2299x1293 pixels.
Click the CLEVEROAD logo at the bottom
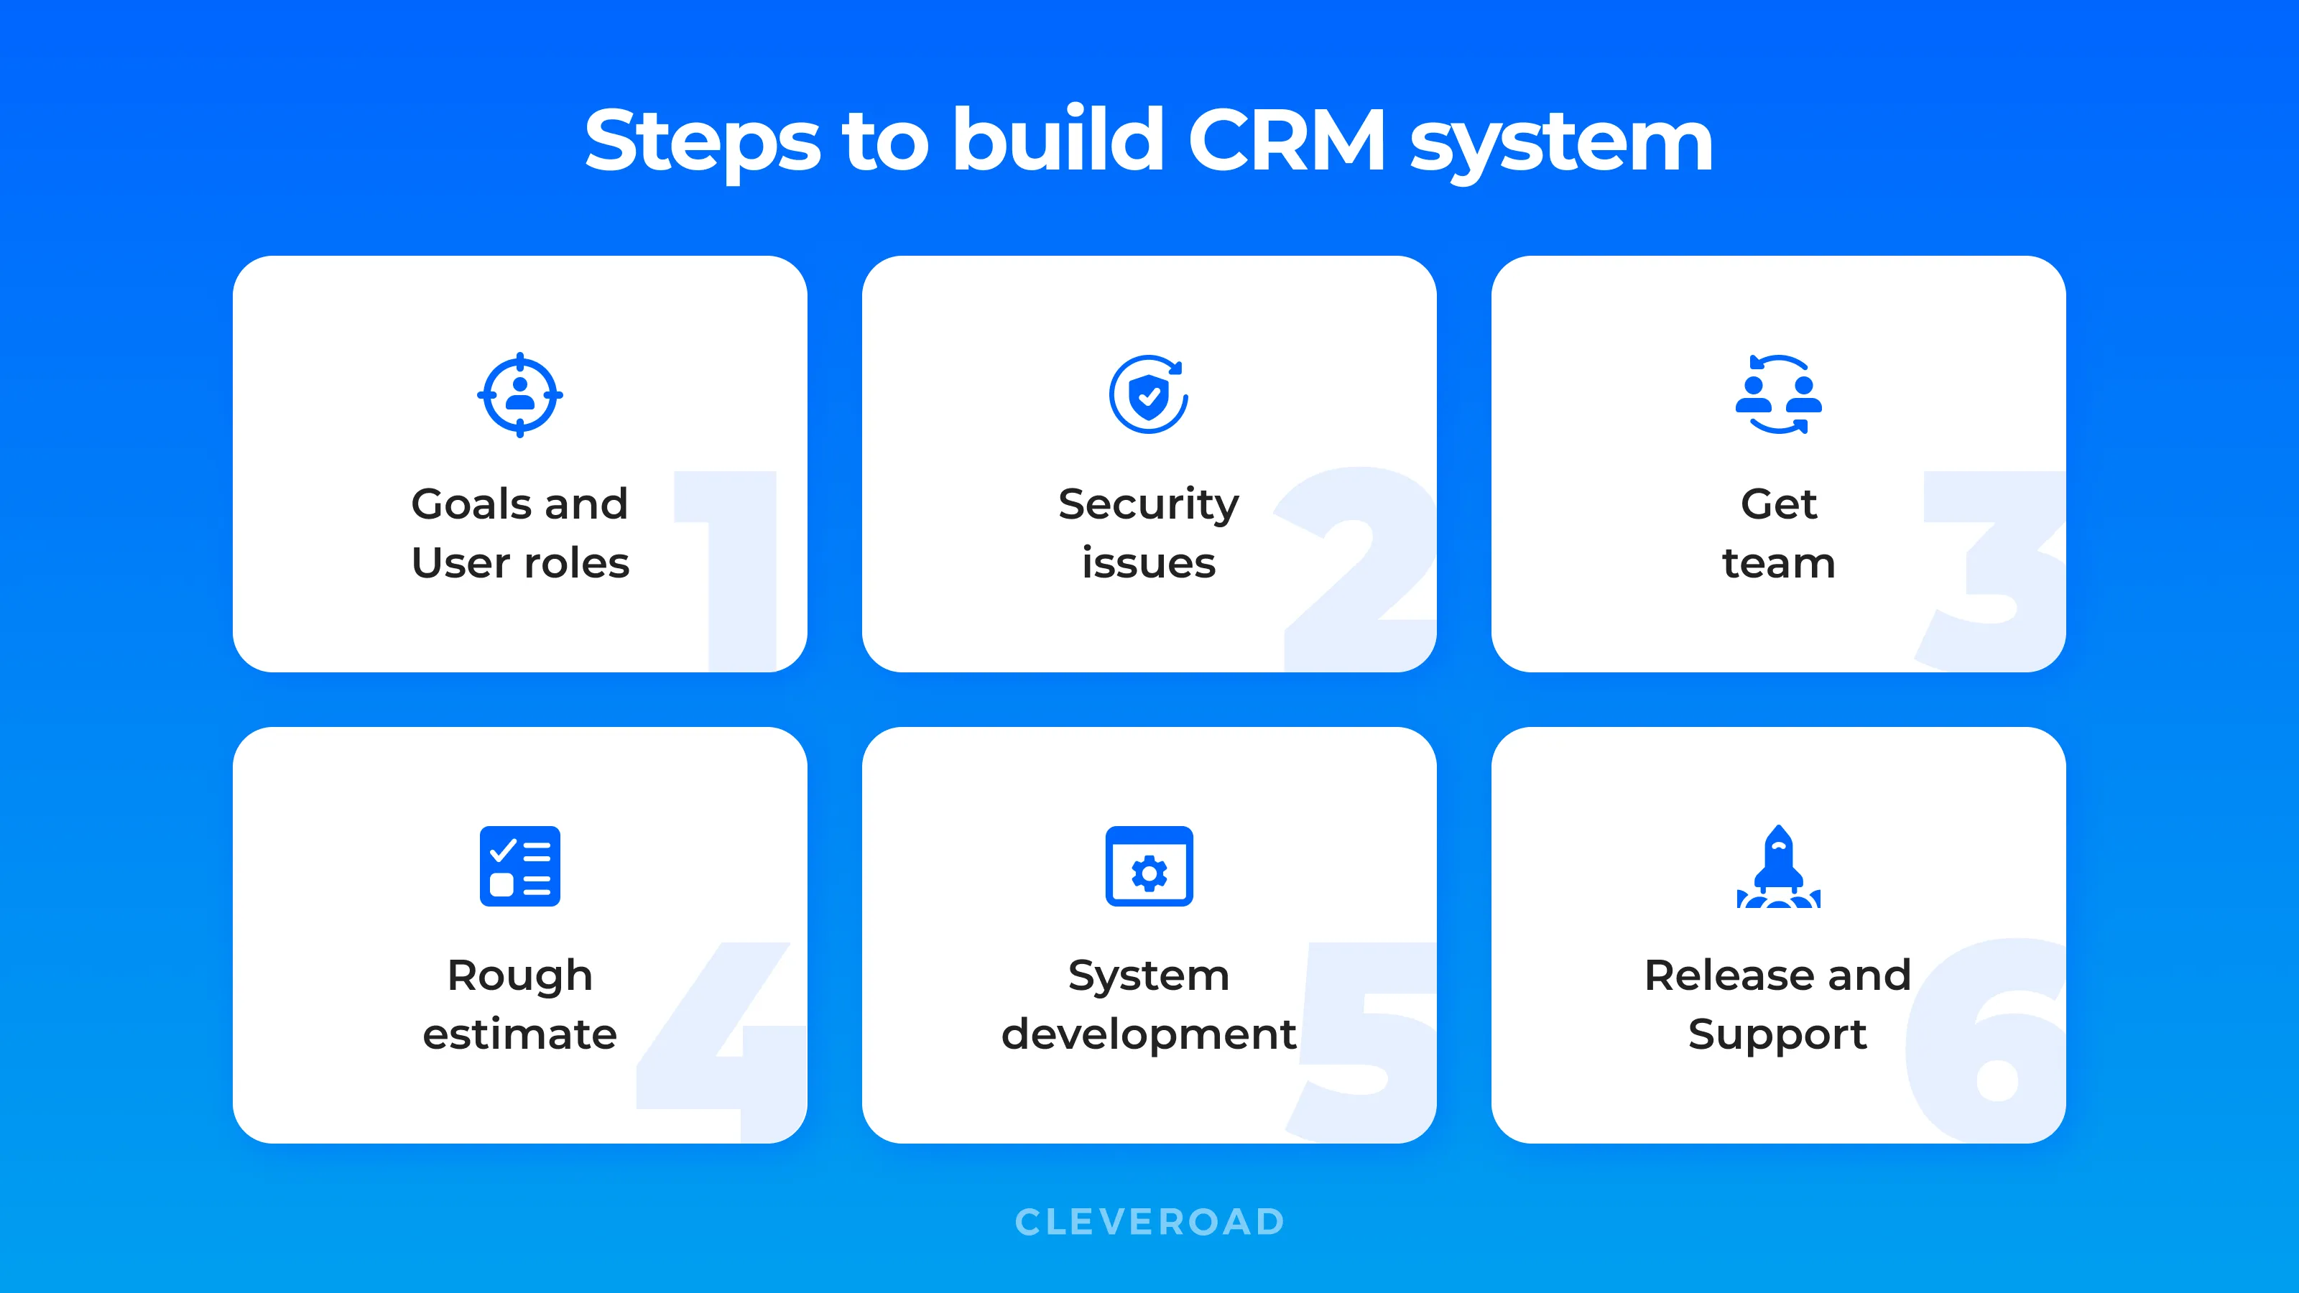(1149, 1222)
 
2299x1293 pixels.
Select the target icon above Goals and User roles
(520, 395)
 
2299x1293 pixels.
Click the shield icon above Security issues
(1149, 395)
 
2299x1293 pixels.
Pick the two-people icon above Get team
(1779, 395)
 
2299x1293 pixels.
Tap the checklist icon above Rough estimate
(520, 866)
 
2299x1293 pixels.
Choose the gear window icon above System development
(1149, 866)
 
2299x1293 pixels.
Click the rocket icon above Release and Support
(1779, 866)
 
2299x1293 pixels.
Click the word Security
(1149, 505)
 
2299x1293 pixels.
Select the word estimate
(520, 1034)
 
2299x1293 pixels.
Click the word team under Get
(1779, 563)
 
